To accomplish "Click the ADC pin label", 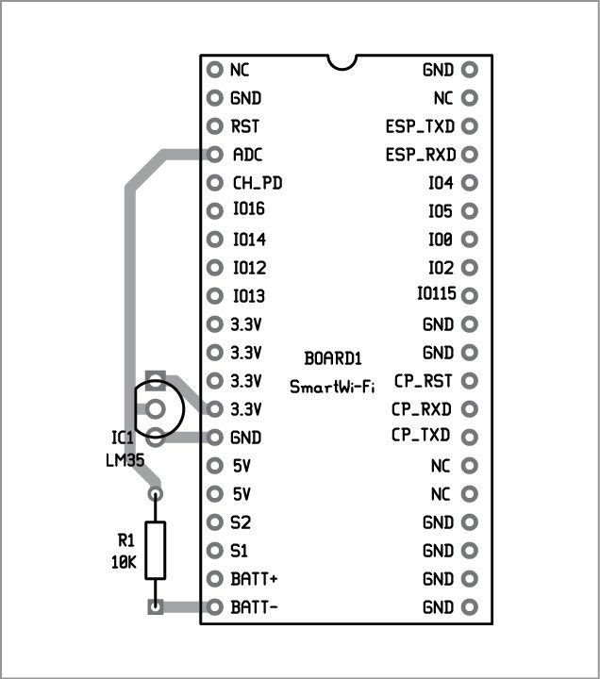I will [247, 155].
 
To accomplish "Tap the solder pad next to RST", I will [214, 126].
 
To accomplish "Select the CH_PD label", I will [257, 183].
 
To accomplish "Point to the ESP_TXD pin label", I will [420, 125].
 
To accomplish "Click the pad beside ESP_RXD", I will [470, 154].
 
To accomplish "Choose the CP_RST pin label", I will [423, 381].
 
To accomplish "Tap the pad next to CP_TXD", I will [470, 436].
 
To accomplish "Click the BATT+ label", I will [254, 578].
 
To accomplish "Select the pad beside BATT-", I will [214, 607].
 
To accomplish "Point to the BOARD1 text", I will [332, 359].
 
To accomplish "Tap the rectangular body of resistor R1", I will [156, 550].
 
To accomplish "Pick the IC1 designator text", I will [122, 439].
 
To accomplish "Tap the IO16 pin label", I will [248, 209].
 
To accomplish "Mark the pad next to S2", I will [214, 522].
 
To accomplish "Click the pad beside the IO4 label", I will [470, 182].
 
